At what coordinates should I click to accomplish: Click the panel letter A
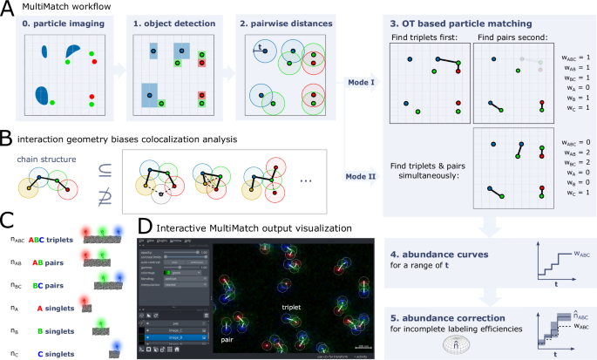[x=7, y=9]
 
